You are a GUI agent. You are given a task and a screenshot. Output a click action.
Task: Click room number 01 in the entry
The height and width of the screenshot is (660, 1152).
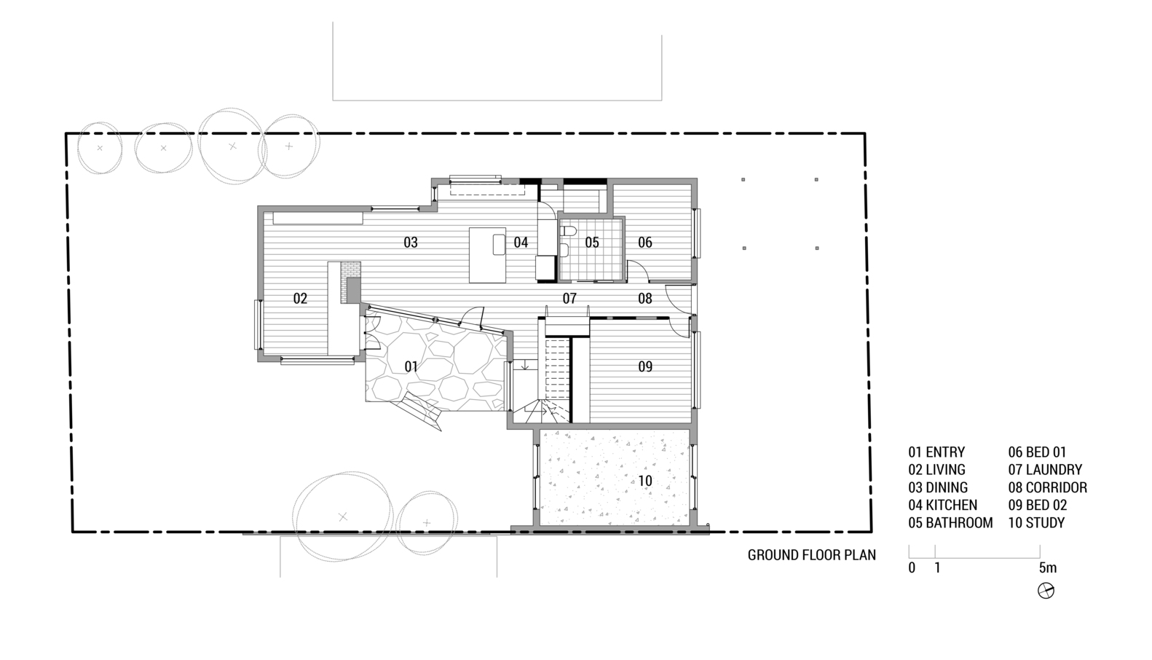pyautogui.click(x=411, y=366)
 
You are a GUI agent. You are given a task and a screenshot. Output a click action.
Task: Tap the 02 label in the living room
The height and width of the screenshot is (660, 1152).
pyautogui.click(x=300, y=299)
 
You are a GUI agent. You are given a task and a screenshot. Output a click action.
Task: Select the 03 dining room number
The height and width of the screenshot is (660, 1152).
pyautogui.click(x=411, y=243)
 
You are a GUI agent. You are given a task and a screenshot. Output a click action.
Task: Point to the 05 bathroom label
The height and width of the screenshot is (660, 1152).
pyautogui.click(x=592, y=243)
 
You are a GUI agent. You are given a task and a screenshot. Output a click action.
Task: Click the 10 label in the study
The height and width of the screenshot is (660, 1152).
pyautogui.click(x=645, y=481)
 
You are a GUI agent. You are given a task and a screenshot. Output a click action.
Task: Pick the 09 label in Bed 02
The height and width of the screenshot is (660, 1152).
pyautogui.click(x=645, y=366)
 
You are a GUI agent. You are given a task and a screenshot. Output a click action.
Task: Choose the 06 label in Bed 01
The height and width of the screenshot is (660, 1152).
pyautogui.click(x=645, y=243)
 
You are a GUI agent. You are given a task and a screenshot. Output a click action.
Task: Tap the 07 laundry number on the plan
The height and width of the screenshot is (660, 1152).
pyautogui.click(x=569, y=299)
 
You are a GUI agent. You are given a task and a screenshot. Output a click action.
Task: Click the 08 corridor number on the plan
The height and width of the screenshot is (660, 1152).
pyautogui.click(x=645, y=299)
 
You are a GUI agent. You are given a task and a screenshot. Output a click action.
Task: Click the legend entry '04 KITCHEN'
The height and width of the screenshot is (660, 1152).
pyautogui.click(x=943, y=505)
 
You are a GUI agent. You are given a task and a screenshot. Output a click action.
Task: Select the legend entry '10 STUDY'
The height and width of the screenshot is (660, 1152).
pyautogui.click(x=1036, y=522)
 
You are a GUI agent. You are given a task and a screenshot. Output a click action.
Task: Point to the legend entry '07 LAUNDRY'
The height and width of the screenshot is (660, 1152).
pyautogui.click(x=1045, y=470)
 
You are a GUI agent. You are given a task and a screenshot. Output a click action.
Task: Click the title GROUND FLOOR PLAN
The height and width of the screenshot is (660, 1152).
pyautogui.click(x=811, y=555)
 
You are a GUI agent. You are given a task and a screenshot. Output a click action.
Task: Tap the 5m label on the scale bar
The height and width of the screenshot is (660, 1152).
pyautogui.click(x=1048, y=568)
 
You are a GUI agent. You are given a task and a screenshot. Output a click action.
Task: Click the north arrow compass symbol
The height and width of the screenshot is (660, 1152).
pyautogui.click(x=1046, y=591)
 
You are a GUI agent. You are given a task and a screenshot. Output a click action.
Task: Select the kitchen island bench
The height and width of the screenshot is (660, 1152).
pyautogui.click(x=488, y=255)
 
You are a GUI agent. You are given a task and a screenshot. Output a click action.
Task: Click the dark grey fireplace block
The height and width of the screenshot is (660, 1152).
pyautogui.click(x=354, y=291)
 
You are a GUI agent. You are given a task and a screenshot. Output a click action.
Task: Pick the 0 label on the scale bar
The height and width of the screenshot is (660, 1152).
pyautogui.click(x=912, y=568)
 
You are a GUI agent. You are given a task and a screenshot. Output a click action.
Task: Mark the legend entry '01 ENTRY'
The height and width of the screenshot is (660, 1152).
pyautogui.click(x=936, y=452)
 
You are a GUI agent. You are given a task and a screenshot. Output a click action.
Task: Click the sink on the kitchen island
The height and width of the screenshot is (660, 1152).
pyautogui.click(x=499, y=244)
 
